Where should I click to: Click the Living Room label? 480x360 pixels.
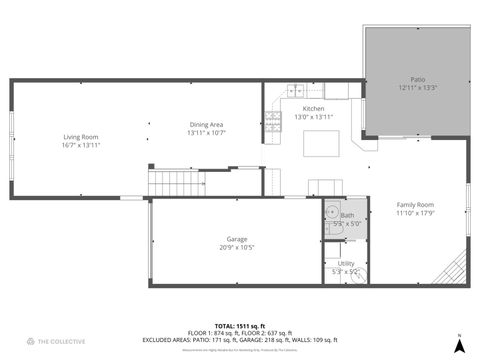[81, 137]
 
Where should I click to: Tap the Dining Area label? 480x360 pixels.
[206, 124]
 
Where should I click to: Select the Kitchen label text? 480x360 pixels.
[314, 108]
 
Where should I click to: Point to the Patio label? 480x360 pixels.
[418, 79]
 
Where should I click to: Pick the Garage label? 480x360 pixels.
[236, 238]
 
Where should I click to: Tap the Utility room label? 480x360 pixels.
[346, 263]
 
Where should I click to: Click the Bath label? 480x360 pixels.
[347, 215]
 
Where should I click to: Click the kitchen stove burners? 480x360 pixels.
[273, 122]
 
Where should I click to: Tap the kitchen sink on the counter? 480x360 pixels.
[296, 91]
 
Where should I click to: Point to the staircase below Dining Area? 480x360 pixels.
[169, 183]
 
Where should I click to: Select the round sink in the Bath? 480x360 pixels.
[331, 212]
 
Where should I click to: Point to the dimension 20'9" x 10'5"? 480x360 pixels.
[236, 247]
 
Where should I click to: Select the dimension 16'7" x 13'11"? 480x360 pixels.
[81, 146]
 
